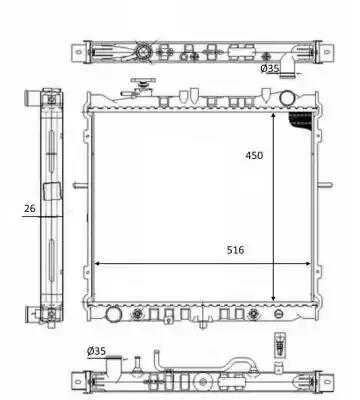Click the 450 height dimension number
[254, 155]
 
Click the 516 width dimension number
[235, 250]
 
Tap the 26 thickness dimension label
[29, 209]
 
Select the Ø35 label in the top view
[269, 69]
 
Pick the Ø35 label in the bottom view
[96, 351]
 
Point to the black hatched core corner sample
[301, 121]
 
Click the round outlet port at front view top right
[287, 98]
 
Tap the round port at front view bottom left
[112, 313]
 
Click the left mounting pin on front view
[80, 185]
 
